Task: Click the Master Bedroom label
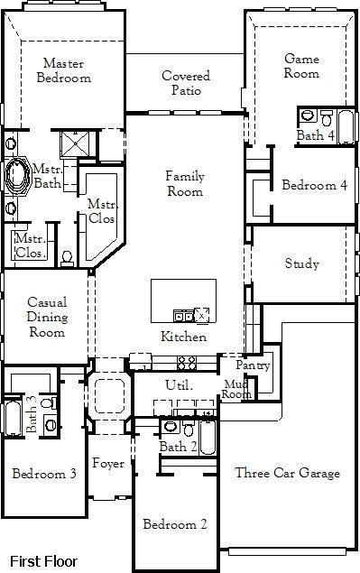point(63,70)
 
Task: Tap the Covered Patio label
point(186,83)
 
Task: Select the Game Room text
point(301,66)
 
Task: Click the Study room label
point(301,264)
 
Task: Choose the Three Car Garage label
point(287,473)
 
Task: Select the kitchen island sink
point(184,315)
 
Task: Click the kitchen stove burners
point(187,363)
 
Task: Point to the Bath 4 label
point(315,135)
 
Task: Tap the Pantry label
point(253,365)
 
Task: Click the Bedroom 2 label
point(177,524)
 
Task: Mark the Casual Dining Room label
point(46,317)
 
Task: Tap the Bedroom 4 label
point(313,186)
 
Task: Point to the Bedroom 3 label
point(42,473)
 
